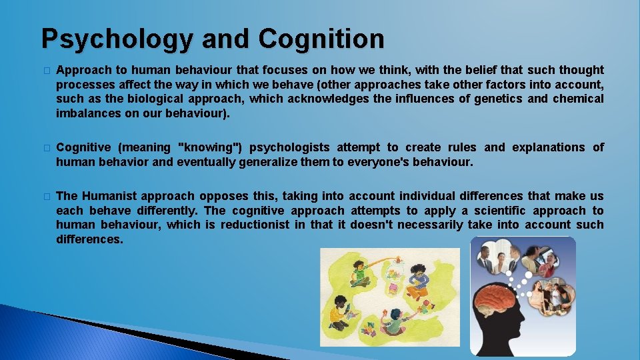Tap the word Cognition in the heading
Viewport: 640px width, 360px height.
321,39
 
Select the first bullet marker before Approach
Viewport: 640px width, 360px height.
45,71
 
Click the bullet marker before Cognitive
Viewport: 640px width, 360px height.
45,148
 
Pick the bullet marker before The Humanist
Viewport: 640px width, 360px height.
45,197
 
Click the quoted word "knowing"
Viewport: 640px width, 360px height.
211,147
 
